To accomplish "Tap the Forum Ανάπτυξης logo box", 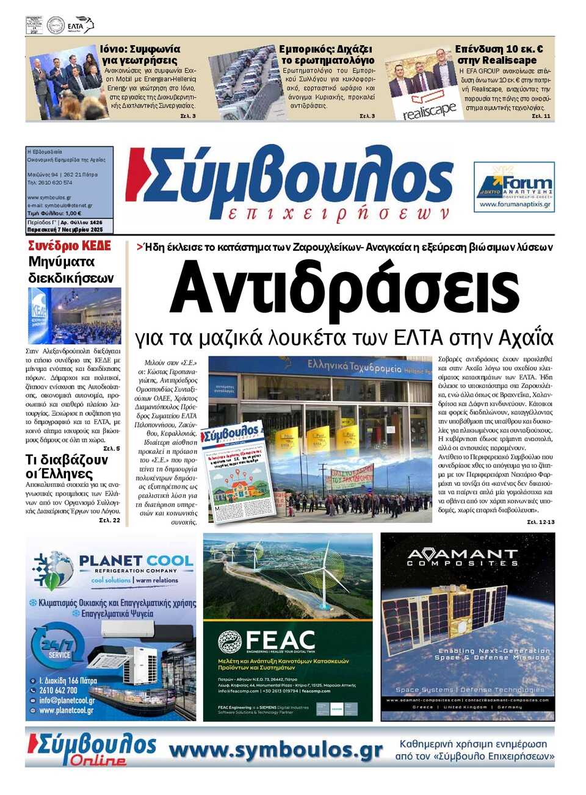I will click(514, 187).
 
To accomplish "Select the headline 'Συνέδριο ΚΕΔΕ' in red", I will click(70, 246).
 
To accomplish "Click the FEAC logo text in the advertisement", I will click(280, 641).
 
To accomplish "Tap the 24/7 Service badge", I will click(58, 648).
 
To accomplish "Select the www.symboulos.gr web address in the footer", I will click(275, 750).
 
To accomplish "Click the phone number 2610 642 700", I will click(59, 691).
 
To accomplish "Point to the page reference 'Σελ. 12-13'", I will click(540, 522).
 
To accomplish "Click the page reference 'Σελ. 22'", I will click(110, 520).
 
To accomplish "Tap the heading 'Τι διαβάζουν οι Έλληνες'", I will click(67, 467).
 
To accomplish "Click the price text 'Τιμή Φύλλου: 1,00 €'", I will click(54, 214).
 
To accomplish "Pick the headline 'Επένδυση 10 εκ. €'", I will click(499, 49).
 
